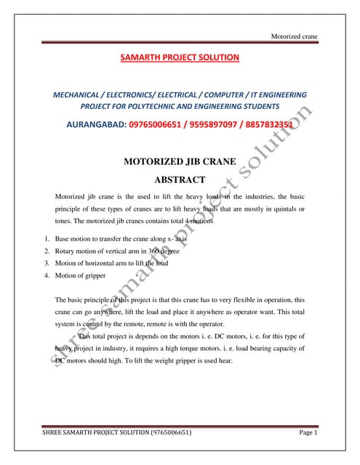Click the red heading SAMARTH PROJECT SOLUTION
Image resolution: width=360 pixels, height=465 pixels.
[x=180, y=57]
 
